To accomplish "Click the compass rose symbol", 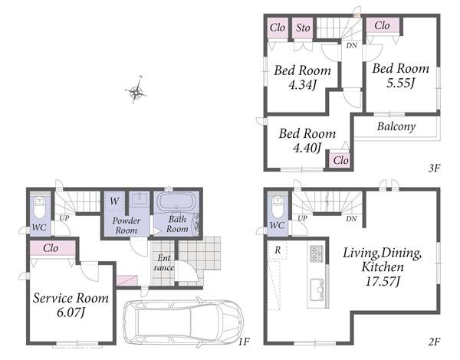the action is click(136, 90).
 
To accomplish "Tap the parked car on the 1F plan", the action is click(184, 322).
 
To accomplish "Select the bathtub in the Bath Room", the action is click(176, 201).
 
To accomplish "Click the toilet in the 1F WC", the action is click(39, 208).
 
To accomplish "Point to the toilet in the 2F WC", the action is click(278, 206).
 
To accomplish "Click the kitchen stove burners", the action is click(316, 254).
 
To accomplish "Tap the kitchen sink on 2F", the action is click(316, 290).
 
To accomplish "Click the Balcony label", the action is click(396, 126).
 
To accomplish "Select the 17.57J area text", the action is click(383, 282).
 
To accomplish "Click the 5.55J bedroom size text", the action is click(400, 83).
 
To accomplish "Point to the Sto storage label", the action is click(303, 28).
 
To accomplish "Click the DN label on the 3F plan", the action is click(352, 45).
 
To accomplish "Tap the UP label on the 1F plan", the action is click(64, 218).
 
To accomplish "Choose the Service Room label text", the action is click(71, 298).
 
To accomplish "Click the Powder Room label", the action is click(127, 225).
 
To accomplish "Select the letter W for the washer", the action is click(114, 201).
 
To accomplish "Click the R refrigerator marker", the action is click(278, 250).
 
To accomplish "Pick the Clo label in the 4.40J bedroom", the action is click(340, 160).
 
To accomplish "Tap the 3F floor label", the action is click(434, 169).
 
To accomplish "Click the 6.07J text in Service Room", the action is click(71, 313).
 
